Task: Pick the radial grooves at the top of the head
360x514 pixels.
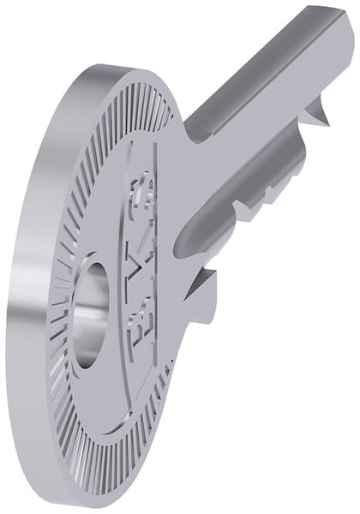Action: coord(137,103)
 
